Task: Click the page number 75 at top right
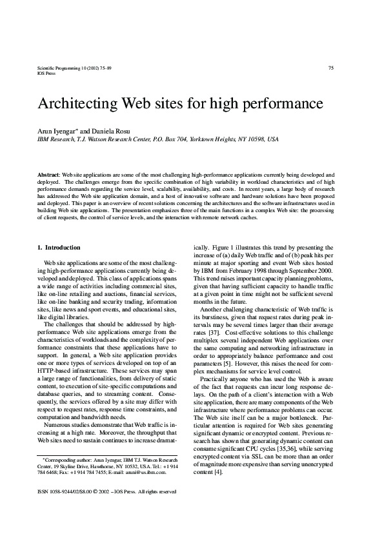click(x=330, y=68)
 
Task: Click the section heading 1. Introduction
click(x=59, y=248)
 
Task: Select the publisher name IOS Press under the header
click(x=48, y=74)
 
